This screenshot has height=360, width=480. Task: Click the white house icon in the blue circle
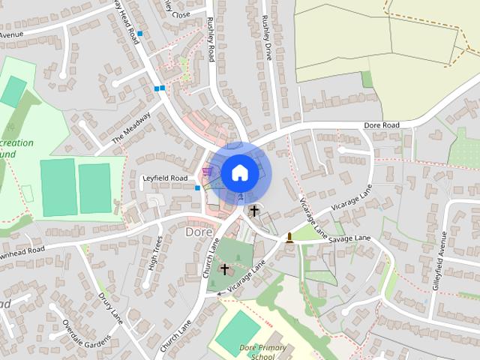click(x=239, y=172)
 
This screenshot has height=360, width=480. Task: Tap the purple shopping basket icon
click(x=207, y=172)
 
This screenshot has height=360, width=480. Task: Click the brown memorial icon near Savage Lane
click(x=289, y=238)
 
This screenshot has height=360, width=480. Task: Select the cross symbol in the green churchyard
click(x=224, y=268)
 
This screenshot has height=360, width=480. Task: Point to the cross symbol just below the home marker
click(x=254, y=211)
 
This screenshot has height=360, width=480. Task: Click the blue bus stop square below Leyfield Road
click(x=197, y=188)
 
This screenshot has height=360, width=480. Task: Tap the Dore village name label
click(x=198, y=232)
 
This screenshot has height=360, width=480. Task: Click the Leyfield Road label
click(x=164, y=178)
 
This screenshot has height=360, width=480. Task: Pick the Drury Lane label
click(x=109, y=307)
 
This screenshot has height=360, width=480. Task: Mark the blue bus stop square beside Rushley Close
click(x=139, y=34)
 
